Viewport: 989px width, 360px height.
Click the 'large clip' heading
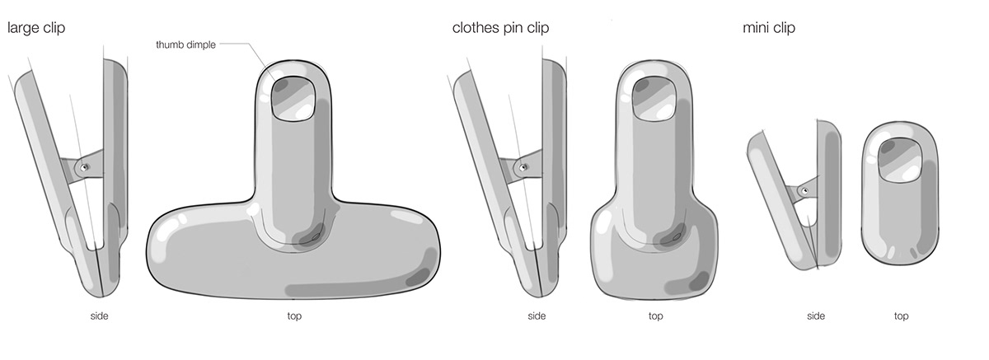point(36,28)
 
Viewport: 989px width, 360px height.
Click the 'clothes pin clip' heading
point(500,28)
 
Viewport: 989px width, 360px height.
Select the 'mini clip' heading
point(768,28)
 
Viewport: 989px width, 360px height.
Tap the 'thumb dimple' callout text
point(185,44)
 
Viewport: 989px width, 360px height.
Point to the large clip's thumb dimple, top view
point(294,99)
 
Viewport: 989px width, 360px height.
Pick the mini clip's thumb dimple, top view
point(900,159)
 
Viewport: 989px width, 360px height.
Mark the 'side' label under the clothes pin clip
point(537,316)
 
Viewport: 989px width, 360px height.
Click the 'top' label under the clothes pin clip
point(655,316)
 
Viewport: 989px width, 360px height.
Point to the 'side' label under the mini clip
point(816,316)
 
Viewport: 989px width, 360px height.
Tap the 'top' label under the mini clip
point(901,316)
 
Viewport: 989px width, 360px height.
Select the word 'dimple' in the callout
point(200,44)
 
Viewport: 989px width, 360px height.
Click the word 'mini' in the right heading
point(756,28)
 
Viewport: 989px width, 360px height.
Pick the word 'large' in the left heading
point(23,28)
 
